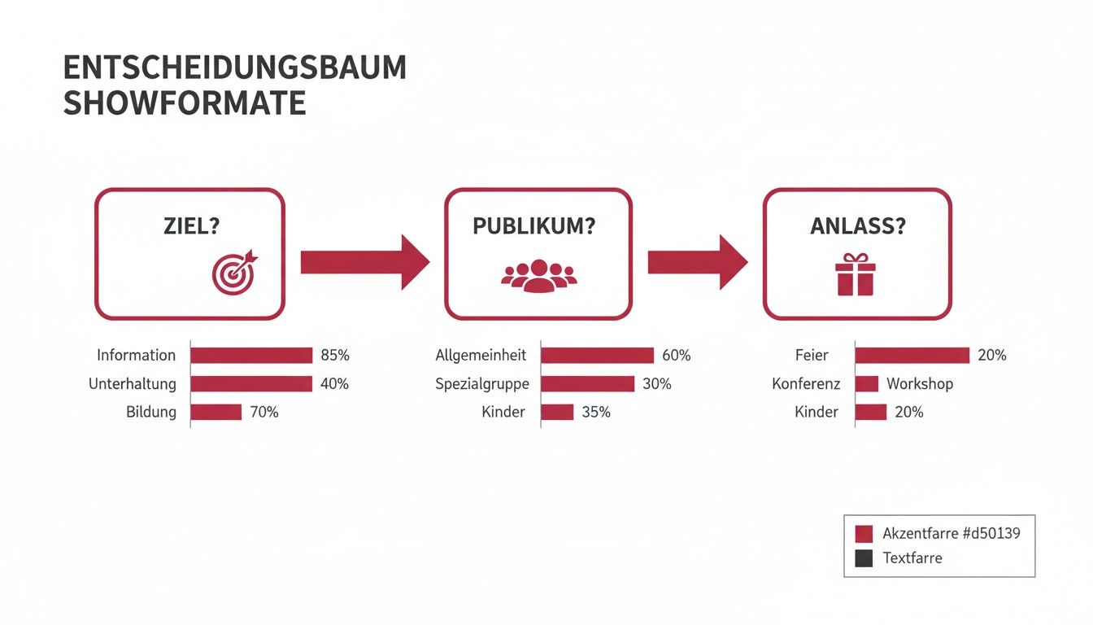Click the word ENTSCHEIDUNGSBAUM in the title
tap(235, 68)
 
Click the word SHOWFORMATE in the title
tap(185, 103)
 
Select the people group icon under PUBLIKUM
tap(538, 276)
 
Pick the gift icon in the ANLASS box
tap(856, 274)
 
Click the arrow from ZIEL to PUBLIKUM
tap(365, 262)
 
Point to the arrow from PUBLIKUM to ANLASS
tap(698, 262)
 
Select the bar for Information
tap(251, 356)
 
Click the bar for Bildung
tap(216, 412)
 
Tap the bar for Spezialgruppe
tap(587, 384)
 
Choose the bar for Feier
tap(912, 356)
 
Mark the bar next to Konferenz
tap(867, 384)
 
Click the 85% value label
tap(335, 355)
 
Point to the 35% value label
tap(596, 412)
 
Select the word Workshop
tap(920, 384)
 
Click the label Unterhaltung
tap(133, 384)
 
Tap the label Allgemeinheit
tap(481, 355)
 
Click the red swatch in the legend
tap(864, 534)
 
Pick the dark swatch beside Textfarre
tap(864, 558)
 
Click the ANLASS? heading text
tap(858, 226)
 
